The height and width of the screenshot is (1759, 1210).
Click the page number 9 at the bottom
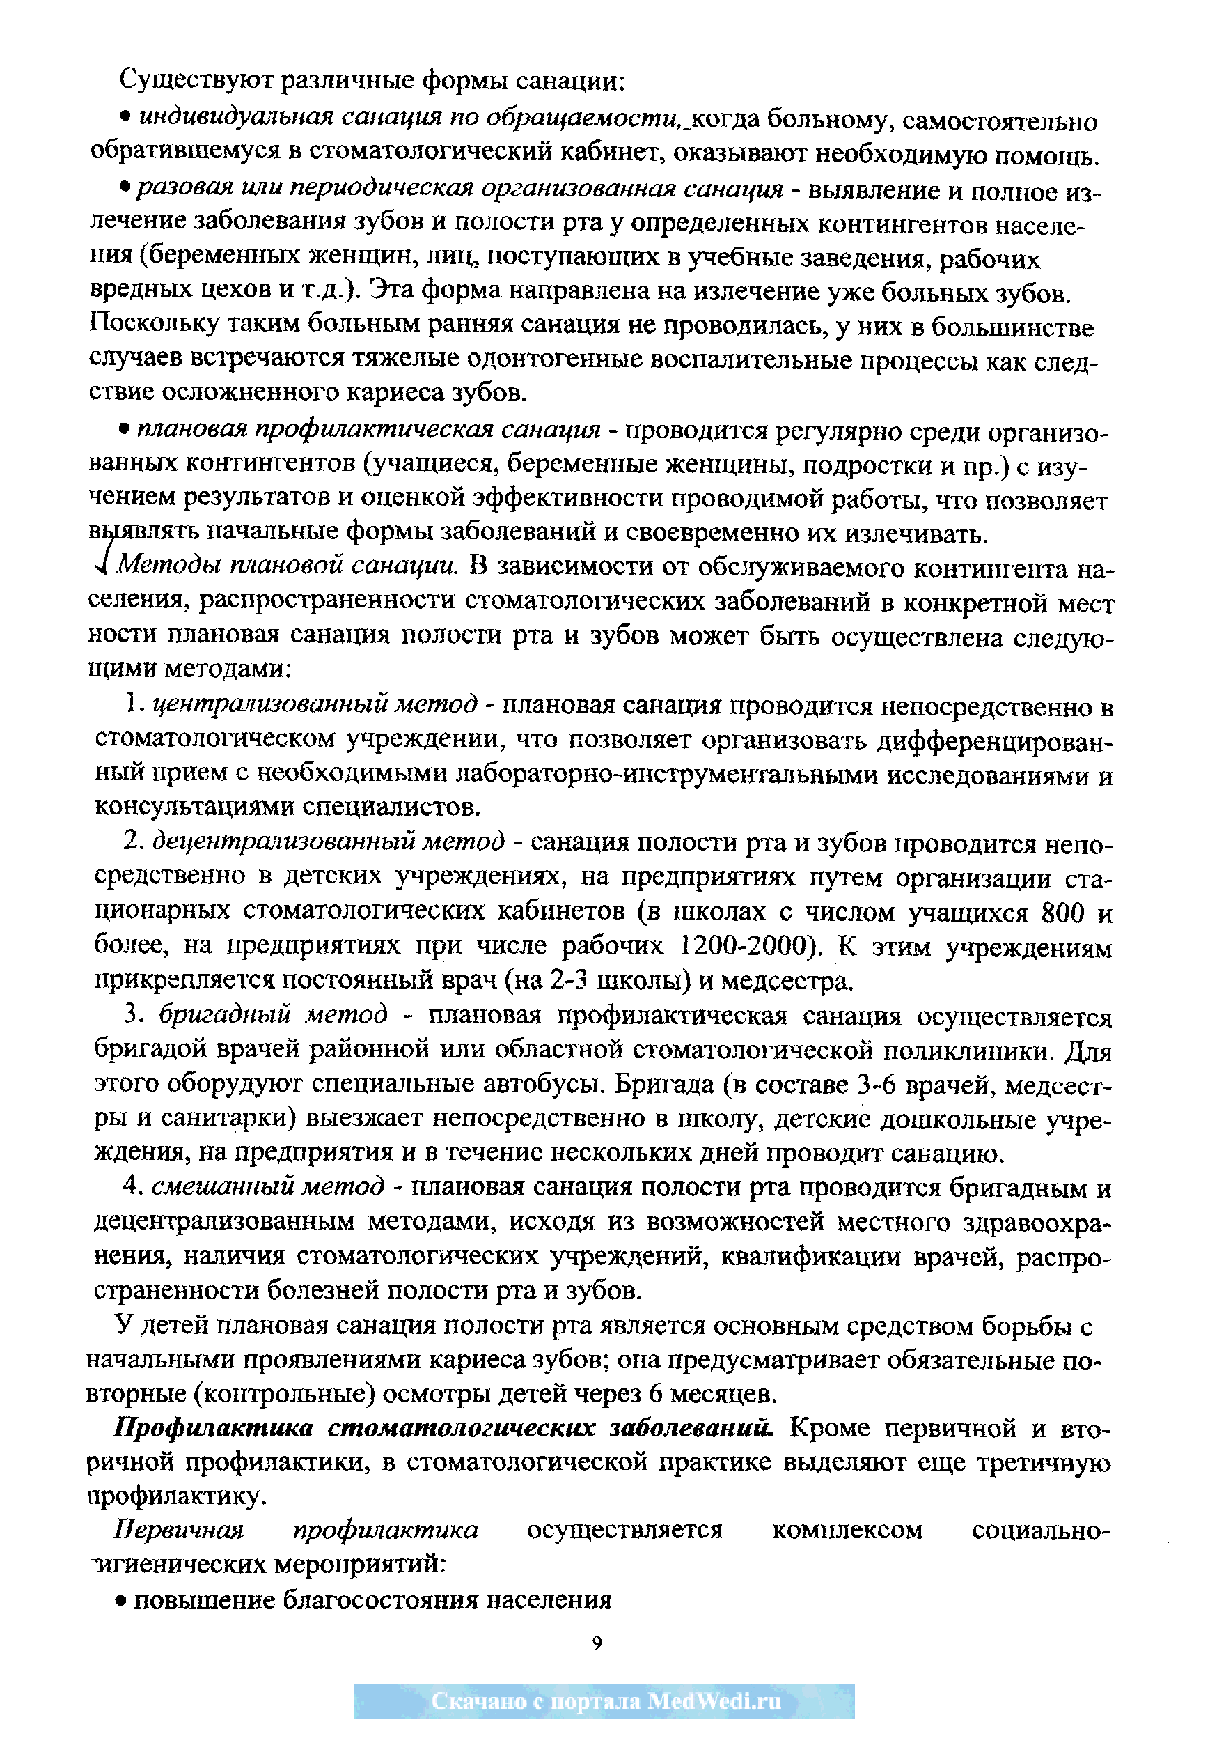[597, 1642]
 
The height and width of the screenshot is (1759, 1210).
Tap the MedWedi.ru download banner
[604, 1701]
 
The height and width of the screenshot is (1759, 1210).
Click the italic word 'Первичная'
[179, 1529]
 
